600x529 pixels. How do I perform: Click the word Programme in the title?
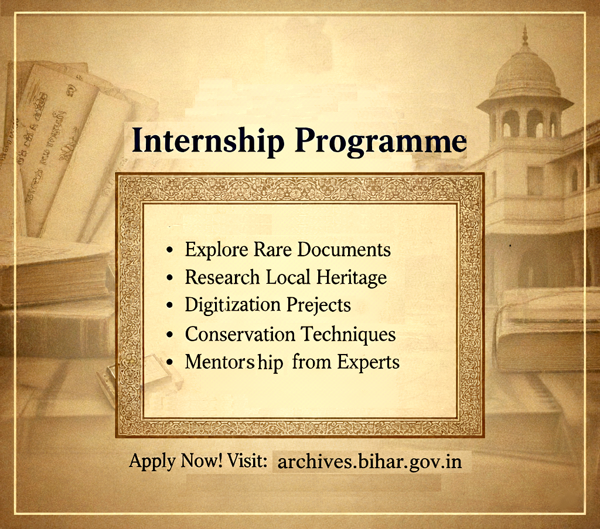coord(381,142)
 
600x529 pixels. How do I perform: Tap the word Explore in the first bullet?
coord(217,250)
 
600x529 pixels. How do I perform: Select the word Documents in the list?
coord(344,250)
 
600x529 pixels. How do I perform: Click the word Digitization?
coord(233,305)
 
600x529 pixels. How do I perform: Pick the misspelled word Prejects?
coord(319,305)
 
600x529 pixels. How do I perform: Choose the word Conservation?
coord(240,334)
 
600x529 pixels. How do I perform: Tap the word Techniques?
coord(348,334)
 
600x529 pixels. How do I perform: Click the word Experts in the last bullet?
coord(368,362)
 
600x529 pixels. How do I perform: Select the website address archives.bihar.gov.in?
coord(370,462)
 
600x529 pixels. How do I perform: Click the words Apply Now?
coord(176,461)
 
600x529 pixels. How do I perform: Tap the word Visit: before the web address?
coord(247,460)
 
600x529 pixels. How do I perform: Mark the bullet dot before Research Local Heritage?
coord(170,278)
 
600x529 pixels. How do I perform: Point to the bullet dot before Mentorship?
coord(170,363)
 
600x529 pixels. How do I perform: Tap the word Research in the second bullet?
coord(222,277)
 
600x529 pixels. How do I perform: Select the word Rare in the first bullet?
coord(273,250)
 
